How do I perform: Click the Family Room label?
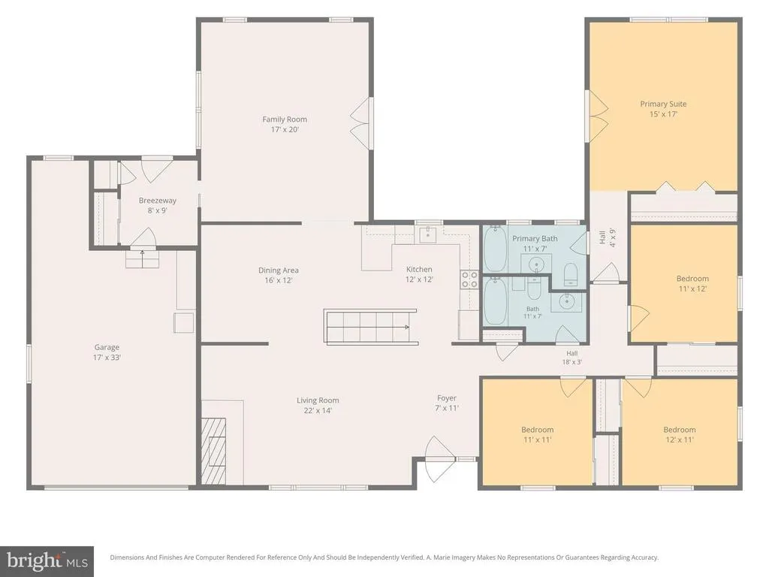point(285,119)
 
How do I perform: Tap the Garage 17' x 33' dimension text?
point(107,358)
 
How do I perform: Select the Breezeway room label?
point(158,201)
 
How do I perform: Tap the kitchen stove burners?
point(469,279)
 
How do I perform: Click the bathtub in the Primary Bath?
point(495,249)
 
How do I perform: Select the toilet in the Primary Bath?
point(571,274)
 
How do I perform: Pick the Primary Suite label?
point(663,104)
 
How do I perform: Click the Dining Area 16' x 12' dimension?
point(278,281)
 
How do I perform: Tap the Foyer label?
point(447,398)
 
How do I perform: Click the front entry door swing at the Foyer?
point(439,459)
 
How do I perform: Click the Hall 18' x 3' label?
point(571,358)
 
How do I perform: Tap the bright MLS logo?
point(47,561)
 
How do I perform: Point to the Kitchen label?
point(419,270)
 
